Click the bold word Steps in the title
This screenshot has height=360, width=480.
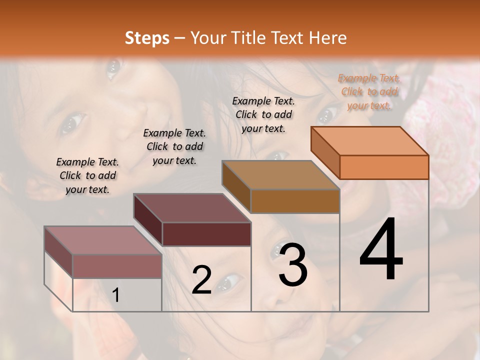click(x=147, y=38)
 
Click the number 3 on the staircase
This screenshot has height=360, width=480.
click(x=293, y=265)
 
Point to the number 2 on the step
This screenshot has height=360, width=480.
click(x=201, y=280)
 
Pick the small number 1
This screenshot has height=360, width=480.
click(x=116, y=295)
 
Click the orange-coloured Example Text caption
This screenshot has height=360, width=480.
click(x=369, y=91)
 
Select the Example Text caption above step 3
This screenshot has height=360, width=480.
click(x=263, y=114)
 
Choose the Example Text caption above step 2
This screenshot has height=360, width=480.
click(x=174, y=146)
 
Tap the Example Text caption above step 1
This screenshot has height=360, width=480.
click(x=87, y=175)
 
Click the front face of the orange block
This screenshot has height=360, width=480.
click(x=384, y=167)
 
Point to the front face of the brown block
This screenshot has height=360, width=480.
click(x=295, y=201)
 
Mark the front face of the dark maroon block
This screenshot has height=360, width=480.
click(x=206, y=234)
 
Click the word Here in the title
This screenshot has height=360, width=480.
click(x=328, y=38)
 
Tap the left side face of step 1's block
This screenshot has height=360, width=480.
click(x=58, y=251)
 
